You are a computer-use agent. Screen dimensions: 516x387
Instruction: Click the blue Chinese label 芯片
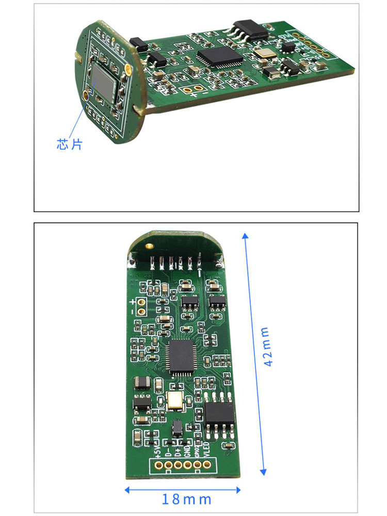coord(69,144)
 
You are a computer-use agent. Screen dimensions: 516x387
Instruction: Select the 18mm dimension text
coord(187,499)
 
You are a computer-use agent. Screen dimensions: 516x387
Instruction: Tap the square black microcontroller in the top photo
coord(220,56)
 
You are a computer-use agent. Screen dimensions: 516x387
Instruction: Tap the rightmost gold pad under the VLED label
coord(207,464)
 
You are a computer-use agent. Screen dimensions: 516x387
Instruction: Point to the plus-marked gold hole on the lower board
coord(140,302)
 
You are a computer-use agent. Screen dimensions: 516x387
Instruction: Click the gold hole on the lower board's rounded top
coord(150,247)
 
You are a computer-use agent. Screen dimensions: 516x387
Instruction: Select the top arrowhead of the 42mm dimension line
coord(246,235)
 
